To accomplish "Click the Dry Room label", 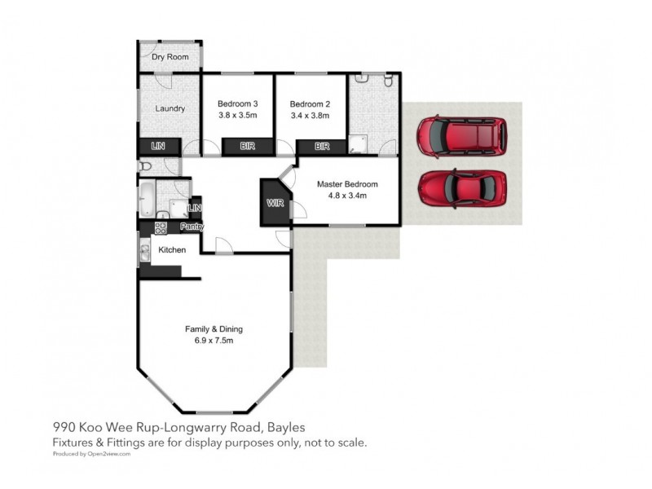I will click(170, 58).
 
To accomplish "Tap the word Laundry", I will click(170, 108).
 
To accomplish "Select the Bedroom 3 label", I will click(238, 104).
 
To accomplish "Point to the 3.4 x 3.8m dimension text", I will click(311, 116).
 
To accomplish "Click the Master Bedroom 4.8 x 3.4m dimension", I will click(347, 196).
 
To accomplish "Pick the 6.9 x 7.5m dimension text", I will click(214, 341).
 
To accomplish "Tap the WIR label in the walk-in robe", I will click(275, 203).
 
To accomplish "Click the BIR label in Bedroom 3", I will click(246, 147).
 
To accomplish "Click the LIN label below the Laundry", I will click(159, 147).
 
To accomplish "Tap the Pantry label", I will click(192, 227).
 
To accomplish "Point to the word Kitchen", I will click(172, 249).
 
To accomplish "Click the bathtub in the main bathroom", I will click(147, 198).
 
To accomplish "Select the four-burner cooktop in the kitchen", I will click(161, 227).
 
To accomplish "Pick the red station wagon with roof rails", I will click(461, 136).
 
